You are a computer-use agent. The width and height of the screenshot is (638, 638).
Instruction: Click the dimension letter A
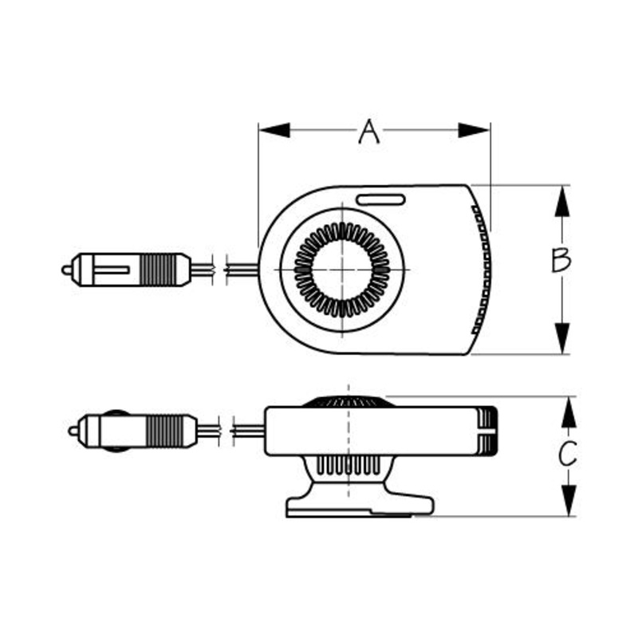[x=368, y=132]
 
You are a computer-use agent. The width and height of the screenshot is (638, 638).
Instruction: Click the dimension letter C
[x=566, y=455]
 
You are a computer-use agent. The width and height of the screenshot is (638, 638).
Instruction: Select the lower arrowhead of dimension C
[x=567, y=500]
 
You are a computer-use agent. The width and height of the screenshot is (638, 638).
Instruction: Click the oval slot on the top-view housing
[x=380, y=199]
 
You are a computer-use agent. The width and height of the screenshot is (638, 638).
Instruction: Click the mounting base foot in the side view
[x=359, y=505]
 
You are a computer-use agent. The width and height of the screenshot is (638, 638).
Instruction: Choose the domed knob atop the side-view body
[x=348, y=401]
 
